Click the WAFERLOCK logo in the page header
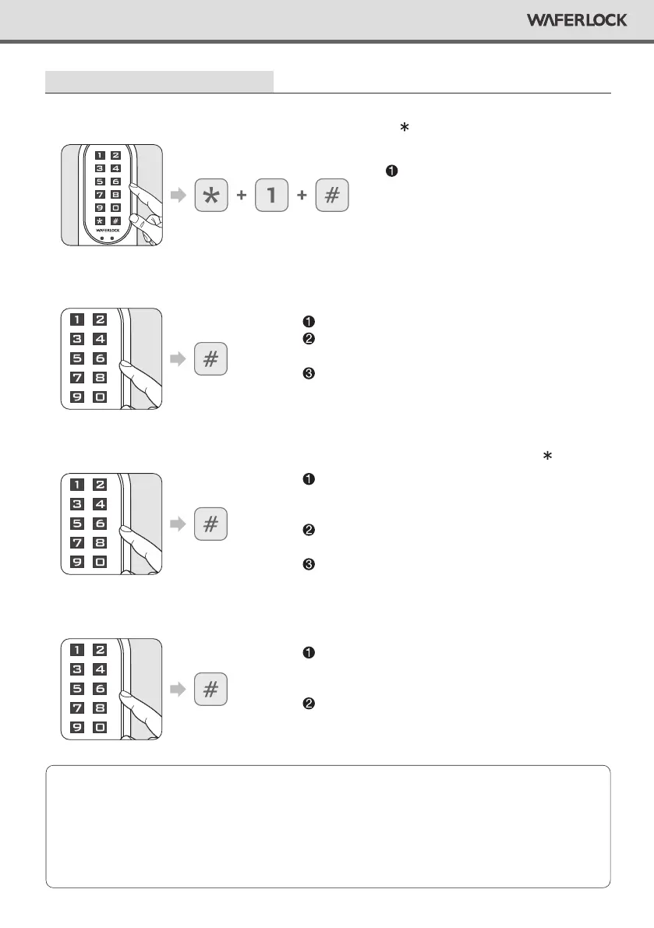(x=577, y=20)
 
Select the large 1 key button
(x=271, y=196)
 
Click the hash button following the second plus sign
(x=332, y=196)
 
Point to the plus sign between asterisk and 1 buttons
(x=241, y=196)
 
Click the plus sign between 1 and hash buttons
(x=302, y=196)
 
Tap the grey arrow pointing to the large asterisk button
(x=179, y=196)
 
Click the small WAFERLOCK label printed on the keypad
(x=106, y=231)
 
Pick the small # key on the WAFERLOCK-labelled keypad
(x=115, y=222)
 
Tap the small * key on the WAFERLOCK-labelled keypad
(x=99, y=222)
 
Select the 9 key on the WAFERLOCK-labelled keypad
(x=99, y=208)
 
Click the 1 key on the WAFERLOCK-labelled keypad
(x=99, y=154)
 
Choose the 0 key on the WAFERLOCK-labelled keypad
(x=115, y=208)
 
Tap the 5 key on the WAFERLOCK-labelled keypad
(x=99, y=182)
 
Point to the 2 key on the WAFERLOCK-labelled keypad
(x=115, y=154)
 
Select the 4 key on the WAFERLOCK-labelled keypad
(x=115, y=168)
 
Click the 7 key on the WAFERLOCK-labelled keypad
(x=99, y=195)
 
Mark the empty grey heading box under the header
(x=160, y=81)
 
